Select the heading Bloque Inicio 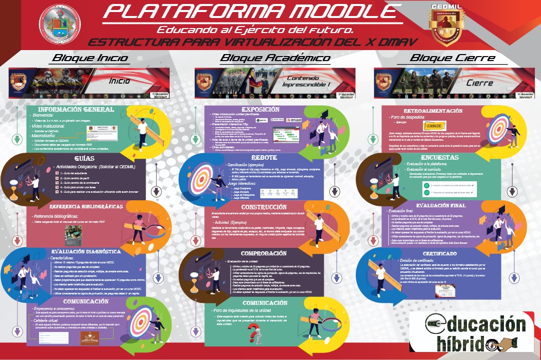(90, 58)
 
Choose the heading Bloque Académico (275, 58)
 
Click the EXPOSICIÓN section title (260, 110)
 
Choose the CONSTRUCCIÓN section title (264, 207)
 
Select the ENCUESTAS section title (440, 157)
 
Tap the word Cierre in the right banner (479, 83)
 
